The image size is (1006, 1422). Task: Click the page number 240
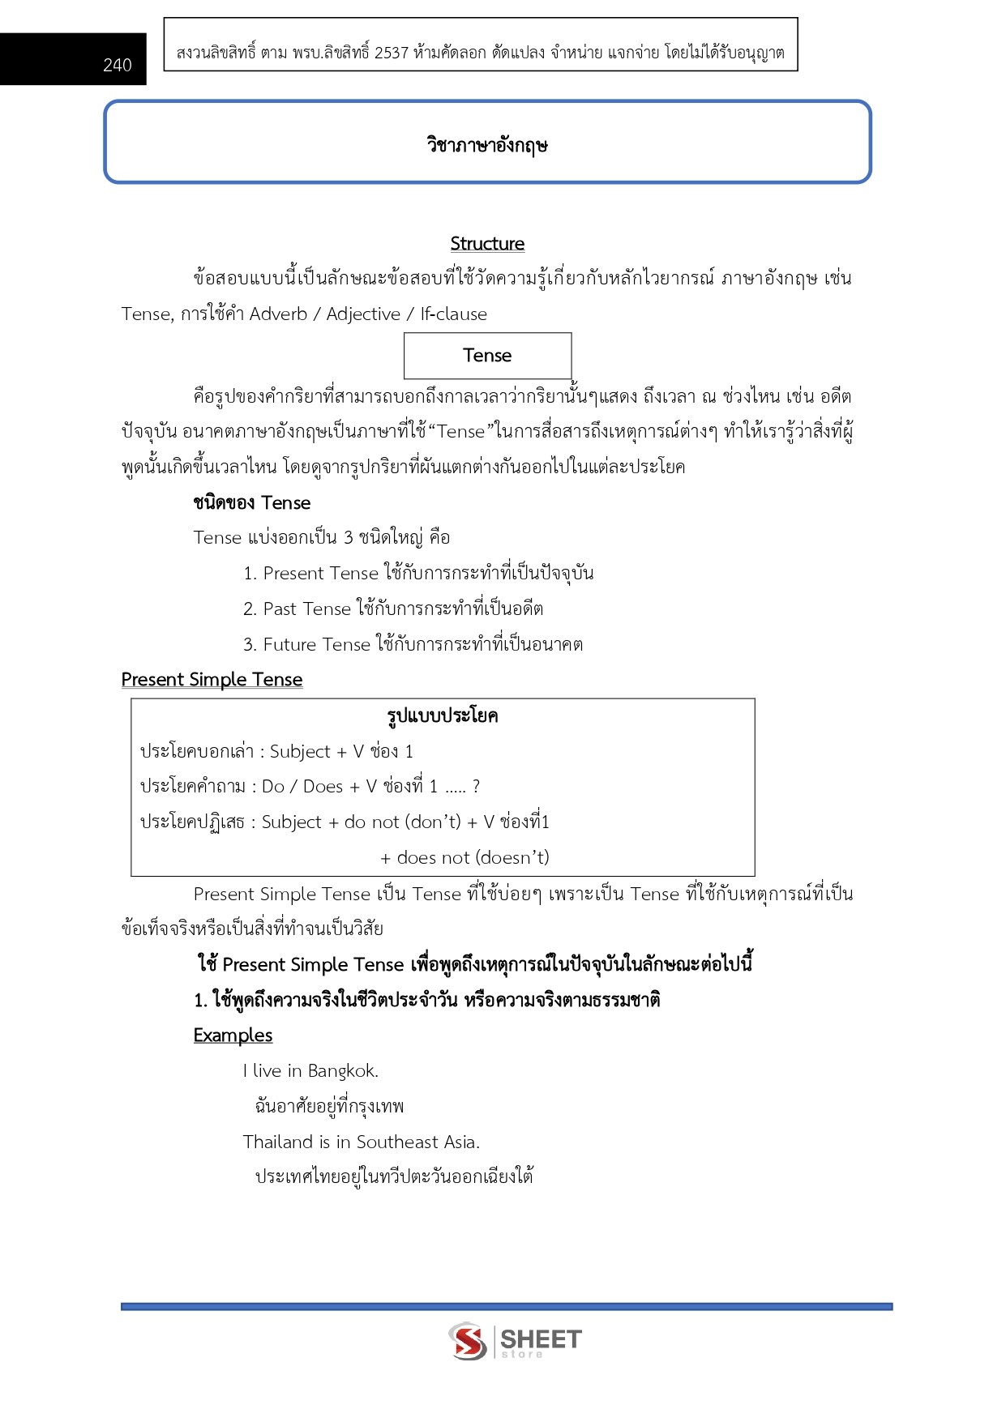118,65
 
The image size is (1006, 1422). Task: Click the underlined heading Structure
487,244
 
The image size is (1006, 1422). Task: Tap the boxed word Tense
487,356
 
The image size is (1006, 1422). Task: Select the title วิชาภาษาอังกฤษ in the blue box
487,145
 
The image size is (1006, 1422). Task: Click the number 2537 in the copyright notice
392,53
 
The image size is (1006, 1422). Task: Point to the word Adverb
278,314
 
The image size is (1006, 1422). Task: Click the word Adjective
363,314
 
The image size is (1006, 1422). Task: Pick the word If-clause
453,314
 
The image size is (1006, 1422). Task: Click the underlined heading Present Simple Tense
212,680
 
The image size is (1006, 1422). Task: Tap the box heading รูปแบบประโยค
443,716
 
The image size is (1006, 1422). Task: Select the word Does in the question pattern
323,787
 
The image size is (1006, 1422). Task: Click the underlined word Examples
233,1036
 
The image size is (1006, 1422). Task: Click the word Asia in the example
461,1142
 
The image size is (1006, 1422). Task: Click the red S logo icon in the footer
468,1341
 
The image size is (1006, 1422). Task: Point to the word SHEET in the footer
541,1339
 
